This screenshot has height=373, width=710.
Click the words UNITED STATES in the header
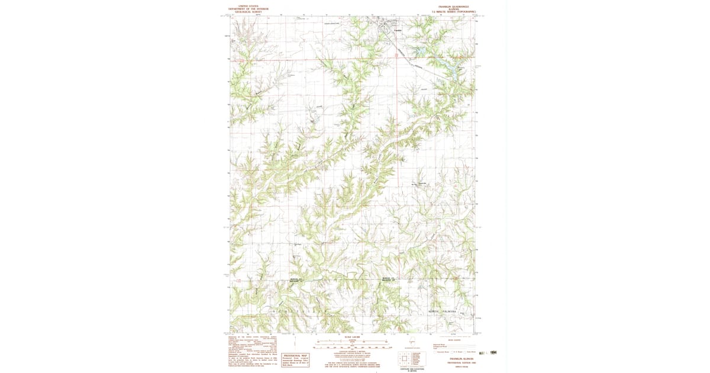click(x=248, y=5)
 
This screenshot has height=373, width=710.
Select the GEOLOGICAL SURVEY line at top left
click(x=248, y=12)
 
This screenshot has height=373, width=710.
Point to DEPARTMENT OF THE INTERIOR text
click(x=248, y=9)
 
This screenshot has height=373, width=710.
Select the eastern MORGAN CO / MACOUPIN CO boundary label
click(x=388, y=279)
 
